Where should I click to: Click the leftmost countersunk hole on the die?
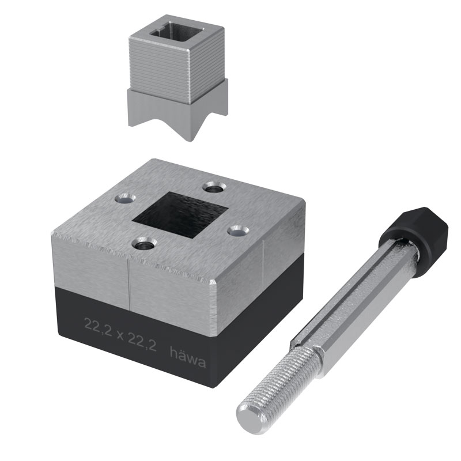point(124,199)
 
